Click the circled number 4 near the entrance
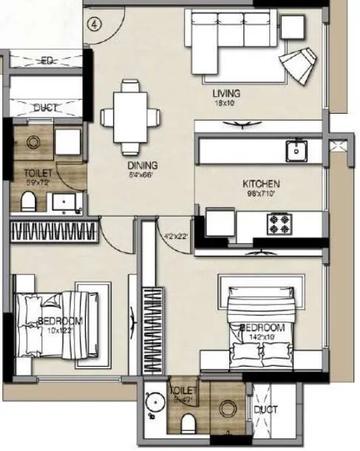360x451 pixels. point(94,23)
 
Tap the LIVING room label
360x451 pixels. point(224,94)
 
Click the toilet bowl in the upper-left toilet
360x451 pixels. point(28,200)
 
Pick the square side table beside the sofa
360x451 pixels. point(293,28)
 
